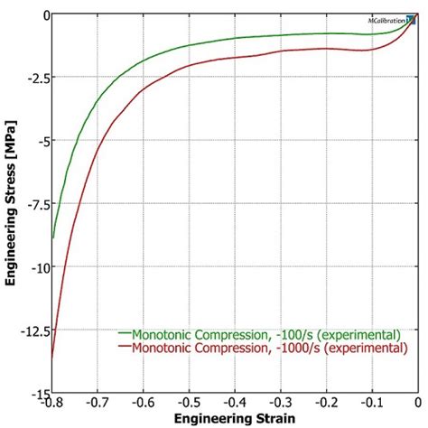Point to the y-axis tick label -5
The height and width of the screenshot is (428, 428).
(x=40, y=141)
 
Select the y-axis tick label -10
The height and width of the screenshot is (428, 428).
(x=36, y=267)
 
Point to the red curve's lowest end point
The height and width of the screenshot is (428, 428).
(x=52, y=357)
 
